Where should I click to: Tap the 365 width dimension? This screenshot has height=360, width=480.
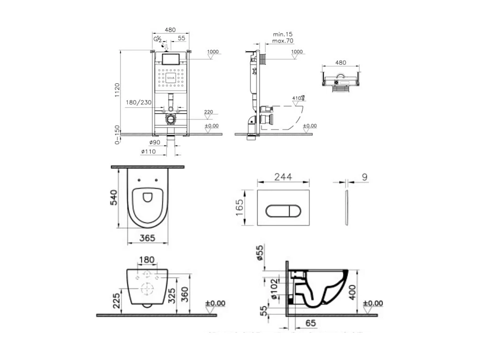click(x=147, y=237)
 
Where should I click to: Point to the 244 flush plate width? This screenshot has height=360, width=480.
click(x=283, y=177)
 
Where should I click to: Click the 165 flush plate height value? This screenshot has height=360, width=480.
click(x=239, y=208)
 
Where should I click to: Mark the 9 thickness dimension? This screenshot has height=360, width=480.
click(x=364, y=177)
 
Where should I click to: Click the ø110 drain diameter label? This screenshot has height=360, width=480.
click(x=148, y=151)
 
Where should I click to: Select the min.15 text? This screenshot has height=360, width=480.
click(x=283, y=34)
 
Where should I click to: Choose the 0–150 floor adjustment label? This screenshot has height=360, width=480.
click(x=117, y=135)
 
